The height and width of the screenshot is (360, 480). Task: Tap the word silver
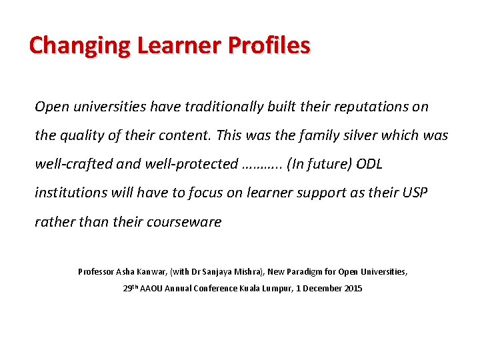point(372,135)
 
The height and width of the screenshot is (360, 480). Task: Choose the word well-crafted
point(73,164)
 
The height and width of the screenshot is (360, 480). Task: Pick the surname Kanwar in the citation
point(153,272)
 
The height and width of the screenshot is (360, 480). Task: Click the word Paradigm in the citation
point(313,272)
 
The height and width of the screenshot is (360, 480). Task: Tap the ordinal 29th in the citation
point(131,288)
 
